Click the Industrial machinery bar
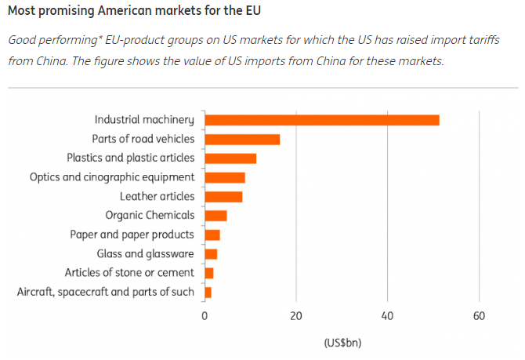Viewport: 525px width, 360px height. (x=321, y=120)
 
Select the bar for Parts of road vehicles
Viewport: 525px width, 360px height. (x=242, y=140)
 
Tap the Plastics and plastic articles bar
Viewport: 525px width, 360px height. (x=230, y=158)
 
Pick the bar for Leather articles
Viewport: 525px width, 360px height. (x=223, y=197)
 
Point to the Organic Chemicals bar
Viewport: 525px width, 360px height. (x=215, y=216)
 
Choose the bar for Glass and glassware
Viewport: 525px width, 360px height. (x=211, y=254)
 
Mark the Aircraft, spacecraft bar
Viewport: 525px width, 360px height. (x=208, y=293)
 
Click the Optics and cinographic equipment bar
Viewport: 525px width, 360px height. (x=225, y=177)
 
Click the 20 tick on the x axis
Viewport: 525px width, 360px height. (x=296, y=316)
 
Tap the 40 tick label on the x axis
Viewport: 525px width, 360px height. (x=387, y=316)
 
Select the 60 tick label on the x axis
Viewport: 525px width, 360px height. (x=479, y=316)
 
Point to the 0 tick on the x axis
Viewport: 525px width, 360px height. (x=205, y=316)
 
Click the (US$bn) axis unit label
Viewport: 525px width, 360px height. (x=342, y=343)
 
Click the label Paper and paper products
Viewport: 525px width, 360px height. (x=132, y=235)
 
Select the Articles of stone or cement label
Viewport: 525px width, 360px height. (x=129, y=273)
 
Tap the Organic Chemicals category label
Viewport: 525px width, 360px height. (x=149, y=216)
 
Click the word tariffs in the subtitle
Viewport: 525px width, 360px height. (x=483, y=41)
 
